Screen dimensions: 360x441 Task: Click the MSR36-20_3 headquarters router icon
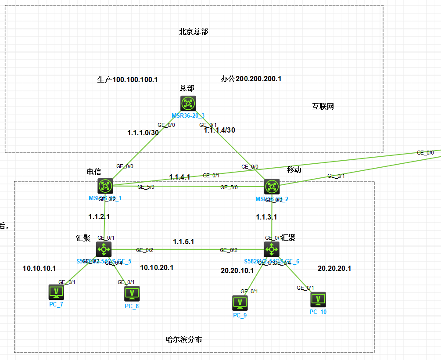[188, 103]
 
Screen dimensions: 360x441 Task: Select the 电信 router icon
[105, 186]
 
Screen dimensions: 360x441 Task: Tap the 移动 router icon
[272, 187]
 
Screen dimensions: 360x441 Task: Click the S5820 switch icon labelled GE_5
[104, 249]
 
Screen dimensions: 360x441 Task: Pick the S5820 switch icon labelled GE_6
[272, 249]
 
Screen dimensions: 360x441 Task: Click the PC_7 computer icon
[56, 292]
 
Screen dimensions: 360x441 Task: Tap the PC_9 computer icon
[240, 302]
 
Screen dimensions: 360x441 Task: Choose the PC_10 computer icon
[318, 299]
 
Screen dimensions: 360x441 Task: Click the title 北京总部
[194, 32]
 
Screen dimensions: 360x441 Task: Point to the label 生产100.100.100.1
[127, 79]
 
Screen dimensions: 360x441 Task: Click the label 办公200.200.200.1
[251, 79]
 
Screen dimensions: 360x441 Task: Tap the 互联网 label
[323, 106]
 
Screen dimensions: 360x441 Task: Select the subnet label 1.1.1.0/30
[143, 132]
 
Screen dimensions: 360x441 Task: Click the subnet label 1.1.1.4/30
[219, 130]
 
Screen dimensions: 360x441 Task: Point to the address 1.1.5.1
[183, 241]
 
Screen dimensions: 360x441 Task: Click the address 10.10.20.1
[157, 267]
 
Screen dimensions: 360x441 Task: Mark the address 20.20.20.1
[334, 268]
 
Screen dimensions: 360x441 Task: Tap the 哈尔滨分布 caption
[184, 339]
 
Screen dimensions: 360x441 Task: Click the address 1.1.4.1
[179, 177]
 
